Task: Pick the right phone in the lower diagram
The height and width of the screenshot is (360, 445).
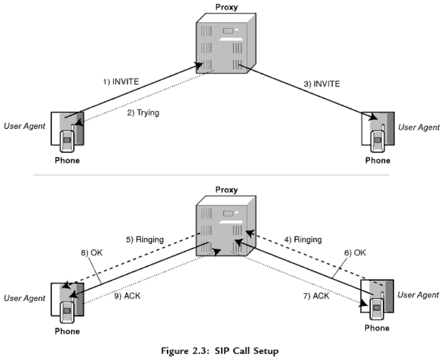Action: pyautogui.click(x=377, y=298)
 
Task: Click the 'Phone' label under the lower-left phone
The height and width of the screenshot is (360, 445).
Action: pyautogui.click(x=67, y=331)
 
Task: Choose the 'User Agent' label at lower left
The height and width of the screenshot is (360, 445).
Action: pyautogui.click(x=24, y=298)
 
